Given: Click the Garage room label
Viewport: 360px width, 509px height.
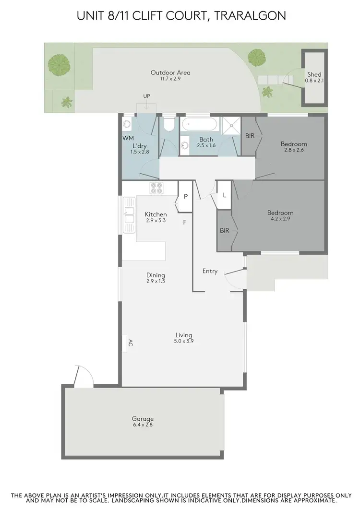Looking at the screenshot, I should click(x=143, y=418).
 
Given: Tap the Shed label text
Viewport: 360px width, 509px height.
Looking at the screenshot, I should click(x=315, y=74).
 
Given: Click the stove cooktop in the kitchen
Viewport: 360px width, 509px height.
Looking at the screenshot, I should click(x=157, y=189).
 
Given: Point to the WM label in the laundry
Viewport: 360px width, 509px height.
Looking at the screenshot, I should click(x=127, y=138).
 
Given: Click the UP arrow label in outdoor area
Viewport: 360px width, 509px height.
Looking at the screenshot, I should click(x=146, y=96).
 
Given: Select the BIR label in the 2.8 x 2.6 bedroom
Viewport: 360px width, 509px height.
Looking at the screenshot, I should click(x=250, y=136).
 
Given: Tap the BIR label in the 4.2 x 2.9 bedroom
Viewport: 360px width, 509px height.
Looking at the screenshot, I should click(x=225, y=230).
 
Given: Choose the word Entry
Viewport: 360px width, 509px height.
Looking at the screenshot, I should click(x=210, y=271).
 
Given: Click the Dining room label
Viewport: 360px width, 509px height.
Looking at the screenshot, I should click(x=156, y=275).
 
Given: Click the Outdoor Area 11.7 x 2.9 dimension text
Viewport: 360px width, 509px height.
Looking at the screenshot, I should click(x=170, y=78).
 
